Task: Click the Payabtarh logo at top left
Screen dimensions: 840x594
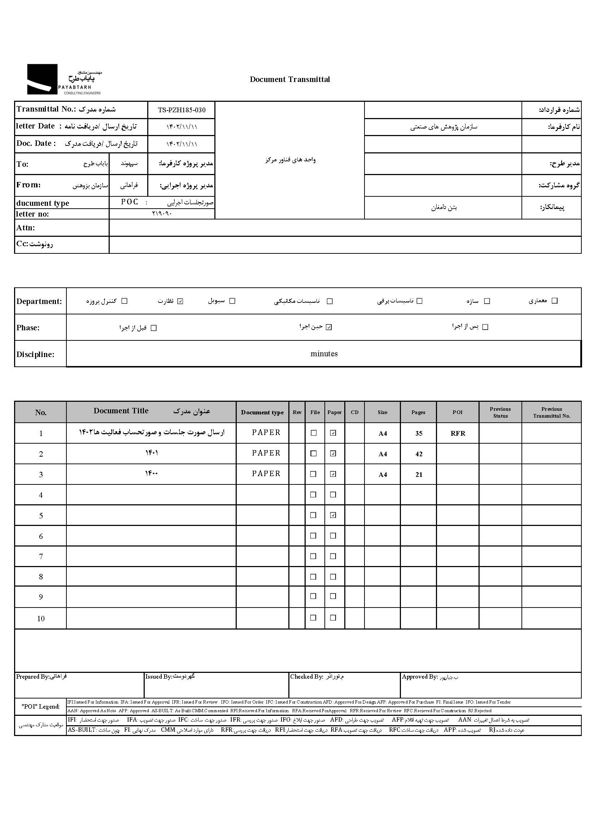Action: coord(64,79)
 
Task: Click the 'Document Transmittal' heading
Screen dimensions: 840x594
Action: coord(290,79)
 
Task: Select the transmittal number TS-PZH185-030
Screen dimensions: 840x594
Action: coord(182,110)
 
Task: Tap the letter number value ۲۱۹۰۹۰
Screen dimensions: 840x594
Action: coord(162,214)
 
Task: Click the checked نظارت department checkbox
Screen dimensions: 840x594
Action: coord(180,301)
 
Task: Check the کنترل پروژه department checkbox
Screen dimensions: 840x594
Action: coord(125,301)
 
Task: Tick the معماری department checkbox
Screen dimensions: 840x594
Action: coord(555,301)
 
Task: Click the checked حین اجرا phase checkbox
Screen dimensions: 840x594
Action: coord(329,327)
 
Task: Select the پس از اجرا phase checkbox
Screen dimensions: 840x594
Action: coord(485,327)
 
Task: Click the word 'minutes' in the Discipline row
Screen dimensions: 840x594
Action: coord(324,354)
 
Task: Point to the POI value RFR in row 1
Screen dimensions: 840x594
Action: coord(458,434)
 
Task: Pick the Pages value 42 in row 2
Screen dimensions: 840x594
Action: coord(419,454)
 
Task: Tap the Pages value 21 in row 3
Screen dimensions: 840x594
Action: coord(419,475)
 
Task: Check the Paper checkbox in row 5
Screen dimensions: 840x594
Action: coord(333,515)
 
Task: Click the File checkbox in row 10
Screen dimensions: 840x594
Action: coord(313,618)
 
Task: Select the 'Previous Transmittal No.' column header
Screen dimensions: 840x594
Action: coord(551,412)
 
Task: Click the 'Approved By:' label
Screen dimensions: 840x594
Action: coord(420,677)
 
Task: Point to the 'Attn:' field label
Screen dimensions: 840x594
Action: coord(26,228)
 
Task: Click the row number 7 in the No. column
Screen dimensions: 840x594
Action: coord(41,557)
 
